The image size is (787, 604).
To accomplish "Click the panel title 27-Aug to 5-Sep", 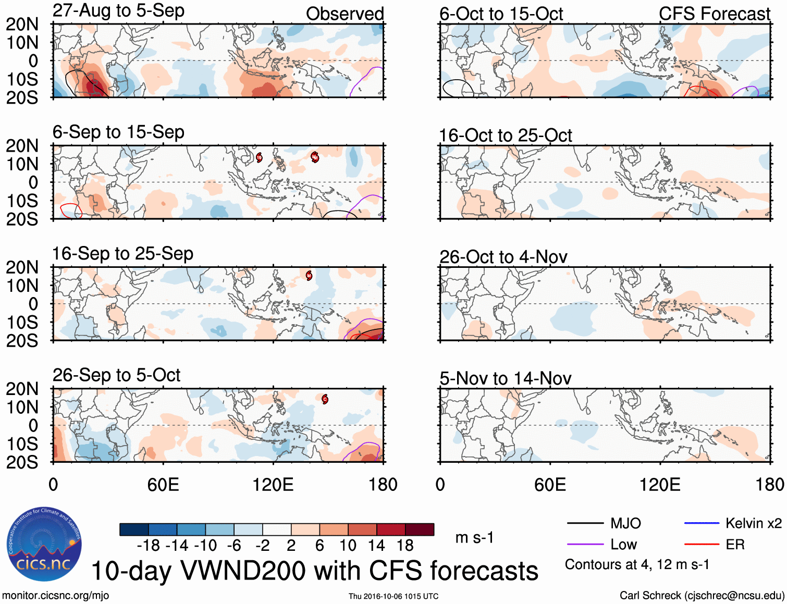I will (x=118, y=11).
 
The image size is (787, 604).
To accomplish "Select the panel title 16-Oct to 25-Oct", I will (x=505, y=135).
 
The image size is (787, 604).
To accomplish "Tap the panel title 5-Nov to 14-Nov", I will (x=505, y=378).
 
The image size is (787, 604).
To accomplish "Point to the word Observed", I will (x=345, y=14).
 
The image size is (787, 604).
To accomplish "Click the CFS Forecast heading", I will (x=714, y=14).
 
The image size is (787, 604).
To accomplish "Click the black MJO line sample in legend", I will (x=585, y=523).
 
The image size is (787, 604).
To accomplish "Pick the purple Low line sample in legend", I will (x=585, y=545).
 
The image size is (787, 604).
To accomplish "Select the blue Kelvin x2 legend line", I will (x=702, y=523).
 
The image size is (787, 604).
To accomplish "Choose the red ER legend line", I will (x=702, y=545).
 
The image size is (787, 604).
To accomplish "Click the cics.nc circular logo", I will (x=44, y=545).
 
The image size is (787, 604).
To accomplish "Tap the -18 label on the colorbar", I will (x=148, y=546).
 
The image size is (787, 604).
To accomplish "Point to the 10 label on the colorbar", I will (x=348, y=546).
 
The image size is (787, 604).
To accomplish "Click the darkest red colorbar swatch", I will (x=420, y=529).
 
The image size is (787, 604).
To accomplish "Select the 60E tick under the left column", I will (x=163, y=485).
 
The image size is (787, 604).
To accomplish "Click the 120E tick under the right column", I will (x=660, y=485).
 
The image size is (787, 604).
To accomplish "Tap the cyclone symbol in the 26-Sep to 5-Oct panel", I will (x=325, y=399).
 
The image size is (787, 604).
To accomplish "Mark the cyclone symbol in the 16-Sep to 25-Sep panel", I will (x=309, y=276).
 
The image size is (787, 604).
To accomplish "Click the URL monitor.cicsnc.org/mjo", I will (x=56, y=596).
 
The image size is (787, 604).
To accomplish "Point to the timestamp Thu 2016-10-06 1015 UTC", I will (x=394, y=596).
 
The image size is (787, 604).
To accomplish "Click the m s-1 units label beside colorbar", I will (x=474, y=537).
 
